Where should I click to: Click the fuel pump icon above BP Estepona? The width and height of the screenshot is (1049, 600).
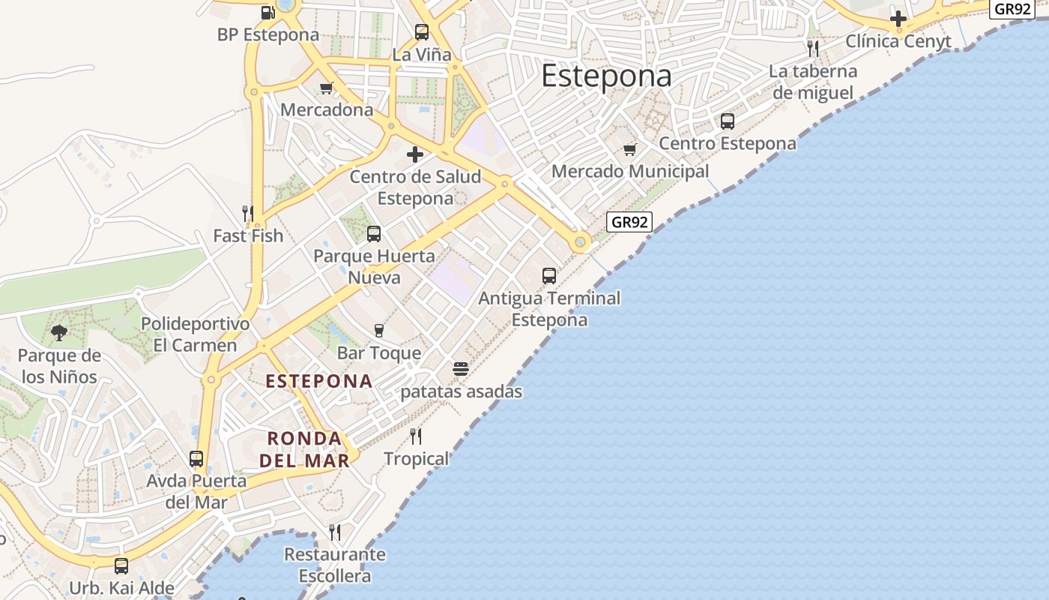point(267,12)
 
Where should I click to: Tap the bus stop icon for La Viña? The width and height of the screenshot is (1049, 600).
point(422,32)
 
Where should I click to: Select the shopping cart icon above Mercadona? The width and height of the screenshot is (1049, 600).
point(326,88)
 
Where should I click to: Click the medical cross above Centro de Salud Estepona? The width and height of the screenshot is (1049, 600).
point(415,154)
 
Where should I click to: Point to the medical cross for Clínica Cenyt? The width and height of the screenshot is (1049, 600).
point(898,19)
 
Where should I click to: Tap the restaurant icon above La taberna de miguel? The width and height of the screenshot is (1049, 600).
point(813,49)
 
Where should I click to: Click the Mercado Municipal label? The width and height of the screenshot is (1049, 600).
point(629,171)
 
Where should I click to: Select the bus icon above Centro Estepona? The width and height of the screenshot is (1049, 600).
point(727,121)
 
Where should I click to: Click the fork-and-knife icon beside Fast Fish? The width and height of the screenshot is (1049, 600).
point(248,213)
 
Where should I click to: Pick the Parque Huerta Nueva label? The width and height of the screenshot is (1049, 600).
point(374,266)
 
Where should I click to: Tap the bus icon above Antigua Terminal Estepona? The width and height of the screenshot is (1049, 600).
point(549,276)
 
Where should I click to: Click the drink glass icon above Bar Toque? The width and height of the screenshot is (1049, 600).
point(379,331)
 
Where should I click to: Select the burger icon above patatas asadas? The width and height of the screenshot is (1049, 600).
point(461,369)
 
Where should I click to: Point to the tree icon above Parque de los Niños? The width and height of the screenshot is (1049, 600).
point(59,332)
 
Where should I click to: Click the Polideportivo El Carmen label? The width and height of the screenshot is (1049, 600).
point(195,334)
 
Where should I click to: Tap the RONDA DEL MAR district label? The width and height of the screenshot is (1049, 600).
point(304,448)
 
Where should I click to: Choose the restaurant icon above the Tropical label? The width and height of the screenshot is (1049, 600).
point(416,436)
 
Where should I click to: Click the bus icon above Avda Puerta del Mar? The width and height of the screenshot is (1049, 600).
point(196,458)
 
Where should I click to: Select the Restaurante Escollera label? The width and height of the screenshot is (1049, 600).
point(335,565)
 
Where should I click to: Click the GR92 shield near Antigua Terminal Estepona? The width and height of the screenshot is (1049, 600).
point(629,222)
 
